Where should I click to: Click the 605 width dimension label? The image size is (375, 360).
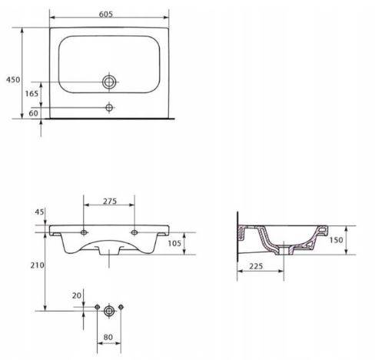click(x=106, y=14)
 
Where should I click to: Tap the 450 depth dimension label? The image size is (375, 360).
click(x=13, y=80)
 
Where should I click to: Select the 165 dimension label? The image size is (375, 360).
click(x=32, y=94)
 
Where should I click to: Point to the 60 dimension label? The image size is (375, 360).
click(x=33, y=113)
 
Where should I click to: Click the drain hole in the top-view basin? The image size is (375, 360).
click(x=109, y=82)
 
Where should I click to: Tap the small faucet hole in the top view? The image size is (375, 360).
click(x=109, y=108)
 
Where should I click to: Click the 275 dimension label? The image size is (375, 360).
click(x=110, y=202)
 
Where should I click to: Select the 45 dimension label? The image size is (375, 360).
click(x=39, y=212)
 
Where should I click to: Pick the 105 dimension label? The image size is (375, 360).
click(x=174, y=243)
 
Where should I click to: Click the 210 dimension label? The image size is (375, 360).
click(x=38, y=265)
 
